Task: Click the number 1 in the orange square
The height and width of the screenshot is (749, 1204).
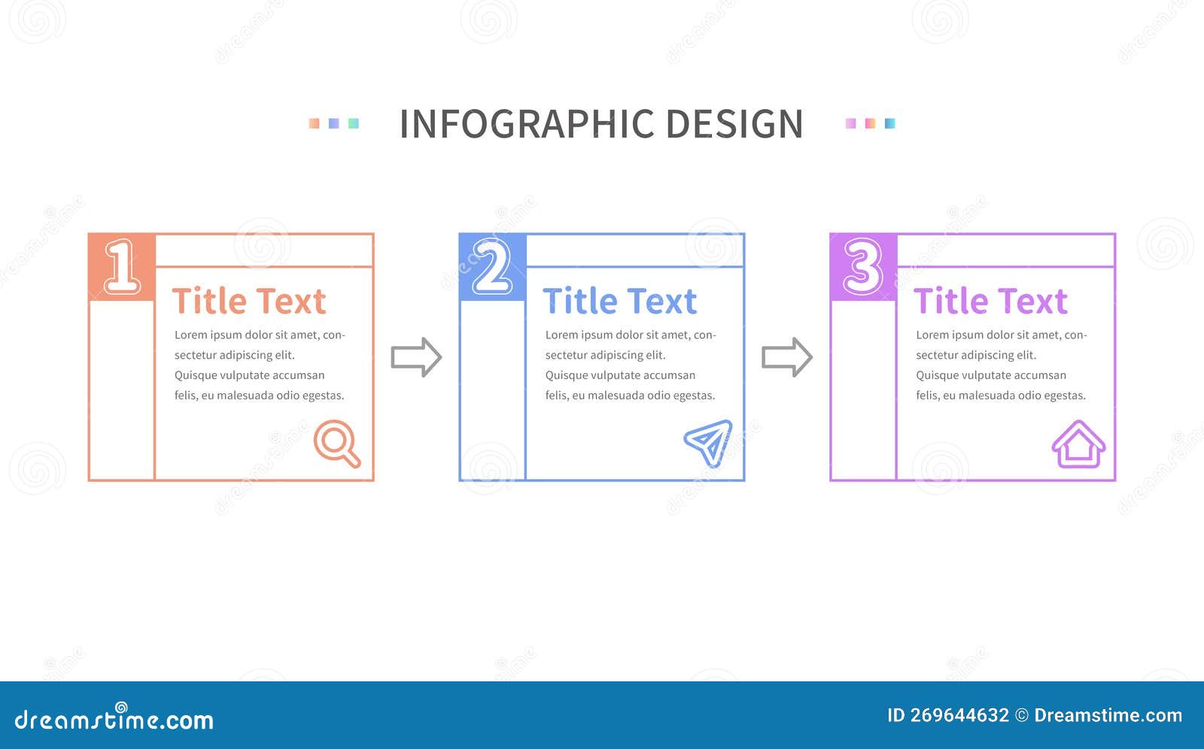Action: pyautogui.click(x=122, y=266)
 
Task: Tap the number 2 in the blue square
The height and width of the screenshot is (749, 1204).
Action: pyautogui.click(x=492, y=266)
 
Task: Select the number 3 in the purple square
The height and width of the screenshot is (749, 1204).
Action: pyautogui.click(x=862, y=266)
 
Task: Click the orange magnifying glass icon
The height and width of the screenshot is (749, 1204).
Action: pyautogui.click(x=336, y=443)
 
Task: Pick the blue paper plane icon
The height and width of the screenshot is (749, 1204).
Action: pyautogui.click(x=709, y=442)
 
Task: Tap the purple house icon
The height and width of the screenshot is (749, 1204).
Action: pyautogui.click(x=1078, y=444)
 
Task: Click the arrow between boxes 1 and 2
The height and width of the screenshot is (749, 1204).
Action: pyautogui.click(x=416, y=357)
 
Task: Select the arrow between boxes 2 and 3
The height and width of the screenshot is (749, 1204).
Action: pyautogui.click(x=787, y=357)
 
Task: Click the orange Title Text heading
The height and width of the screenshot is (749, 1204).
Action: pyautogui.click(x=249, y=302)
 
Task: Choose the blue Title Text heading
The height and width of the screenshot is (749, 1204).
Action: pyautogui.click(x=619, y=302)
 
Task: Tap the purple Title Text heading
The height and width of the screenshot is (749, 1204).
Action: pyautogui.click(x=990, y=302)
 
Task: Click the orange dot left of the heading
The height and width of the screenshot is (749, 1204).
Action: pyautogui.click(x=314, y=123)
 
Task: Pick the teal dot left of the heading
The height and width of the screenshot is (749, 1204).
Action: pyautogui.click(x=354, y=123)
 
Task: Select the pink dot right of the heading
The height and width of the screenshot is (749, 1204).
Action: pyautogui.click(x=850, y=123)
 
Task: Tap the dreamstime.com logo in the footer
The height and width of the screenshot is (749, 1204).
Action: pyautogui.click(x=114, y=720)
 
